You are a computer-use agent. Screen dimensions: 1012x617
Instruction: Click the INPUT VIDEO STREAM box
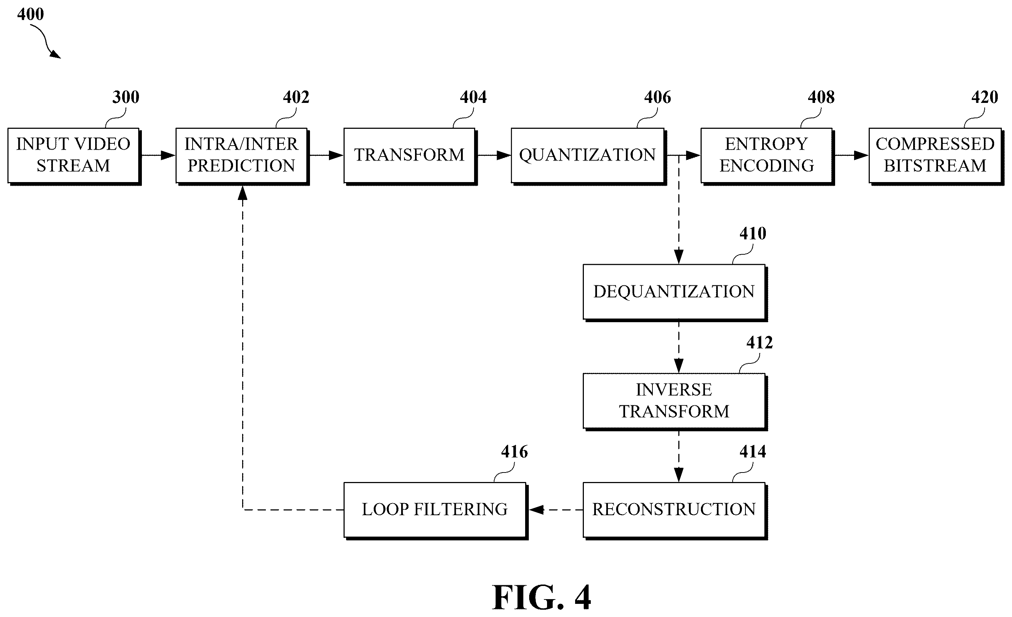[74, 156]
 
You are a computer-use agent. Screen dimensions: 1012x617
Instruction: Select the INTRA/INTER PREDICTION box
[242, 156]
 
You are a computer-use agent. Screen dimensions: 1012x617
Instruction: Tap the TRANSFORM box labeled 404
[410, 156]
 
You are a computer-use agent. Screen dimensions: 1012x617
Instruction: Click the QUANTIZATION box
[589, 156]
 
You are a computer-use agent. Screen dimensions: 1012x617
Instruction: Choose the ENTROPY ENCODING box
[768, 156]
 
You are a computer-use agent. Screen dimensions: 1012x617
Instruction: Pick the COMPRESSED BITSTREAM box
[936, 156]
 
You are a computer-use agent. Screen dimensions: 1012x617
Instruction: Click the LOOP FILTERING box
[436, 510]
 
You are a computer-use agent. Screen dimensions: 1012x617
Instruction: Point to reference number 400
[30, 14]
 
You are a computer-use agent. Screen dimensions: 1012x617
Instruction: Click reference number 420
[985, 97]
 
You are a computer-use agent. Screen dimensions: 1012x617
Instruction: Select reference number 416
[514, 452]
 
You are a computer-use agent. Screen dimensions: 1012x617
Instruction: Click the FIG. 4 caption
[542, 597]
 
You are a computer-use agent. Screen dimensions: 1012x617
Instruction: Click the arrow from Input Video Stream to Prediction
[159, 155]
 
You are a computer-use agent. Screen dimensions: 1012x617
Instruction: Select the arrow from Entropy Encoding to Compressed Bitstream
[852, 155]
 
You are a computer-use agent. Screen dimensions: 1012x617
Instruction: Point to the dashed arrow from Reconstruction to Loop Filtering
[556, 510]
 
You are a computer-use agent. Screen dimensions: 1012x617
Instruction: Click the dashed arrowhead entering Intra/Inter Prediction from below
[243, 192]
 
